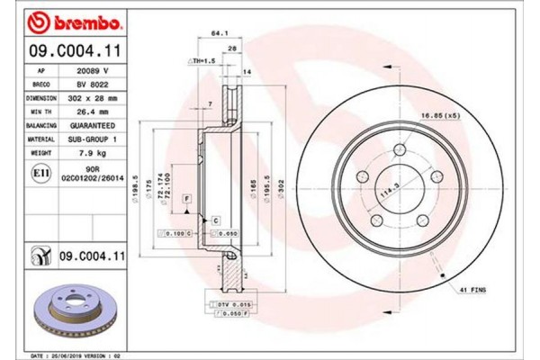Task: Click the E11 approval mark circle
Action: (40, 171)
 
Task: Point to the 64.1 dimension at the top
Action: (217, 34)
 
